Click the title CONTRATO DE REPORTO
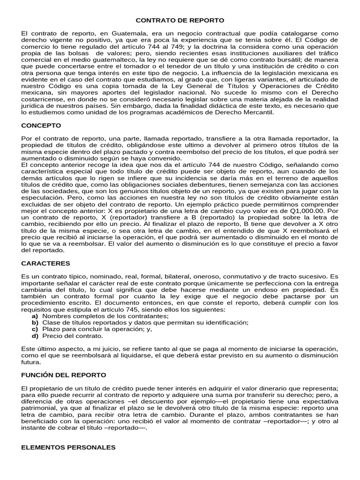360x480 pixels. (180, 21)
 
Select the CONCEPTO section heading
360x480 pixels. (41, 126)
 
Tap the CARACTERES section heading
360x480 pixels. (45, 263)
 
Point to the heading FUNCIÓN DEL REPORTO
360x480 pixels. (64, 375)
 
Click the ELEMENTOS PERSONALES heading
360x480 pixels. (68, 448)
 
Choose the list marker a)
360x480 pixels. (35, 316)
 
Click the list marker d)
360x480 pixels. (35, 336)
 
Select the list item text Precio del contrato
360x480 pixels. (72, 336)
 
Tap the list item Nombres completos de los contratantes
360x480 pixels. (98, 316)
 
